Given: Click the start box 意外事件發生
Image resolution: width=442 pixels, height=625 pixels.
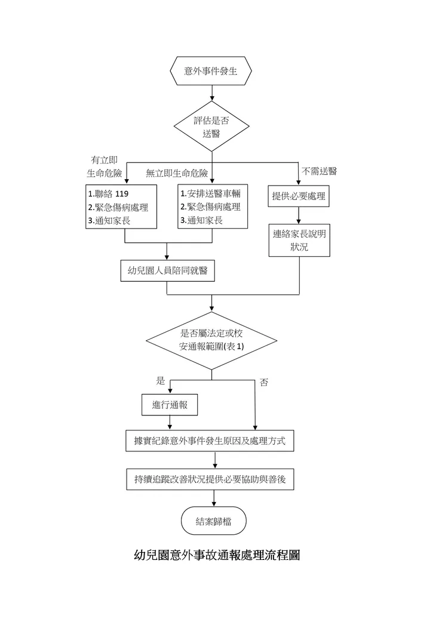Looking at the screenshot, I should (x=211, y=72).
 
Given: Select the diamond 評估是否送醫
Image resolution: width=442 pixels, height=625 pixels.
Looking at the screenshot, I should (x=211, y=127).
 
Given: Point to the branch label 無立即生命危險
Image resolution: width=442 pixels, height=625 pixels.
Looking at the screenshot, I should (x=177, y=174).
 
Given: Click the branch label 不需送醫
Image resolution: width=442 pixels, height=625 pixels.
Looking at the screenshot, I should (x=320, y=171).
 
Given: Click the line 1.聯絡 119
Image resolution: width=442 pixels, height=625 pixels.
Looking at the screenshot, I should (x=108, y=195).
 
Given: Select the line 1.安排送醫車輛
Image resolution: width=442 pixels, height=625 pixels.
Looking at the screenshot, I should (x=210, y=195).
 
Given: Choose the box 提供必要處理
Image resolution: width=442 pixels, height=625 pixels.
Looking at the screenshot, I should (x=299, y=196).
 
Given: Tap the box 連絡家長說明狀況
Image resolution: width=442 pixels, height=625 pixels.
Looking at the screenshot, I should (x=299, y=240).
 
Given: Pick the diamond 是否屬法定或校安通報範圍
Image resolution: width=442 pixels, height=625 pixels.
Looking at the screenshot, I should (x=211, y=340).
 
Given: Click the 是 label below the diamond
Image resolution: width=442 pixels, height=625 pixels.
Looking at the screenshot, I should (x=160, y=380).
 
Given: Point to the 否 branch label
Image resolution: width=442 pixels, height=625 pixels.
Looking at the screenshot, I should (x=264, y=383).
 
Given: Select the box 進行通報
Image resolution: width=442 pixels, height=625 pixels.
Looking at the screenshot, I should (x=170, y=405).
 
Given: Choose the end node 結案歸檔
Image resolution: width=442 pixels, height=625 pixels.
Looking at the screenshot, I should (x=214, y=521).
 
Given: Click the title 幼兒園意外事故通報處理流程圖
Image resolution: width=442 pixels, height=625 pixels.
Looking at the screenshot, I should (x=216, y=555).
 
